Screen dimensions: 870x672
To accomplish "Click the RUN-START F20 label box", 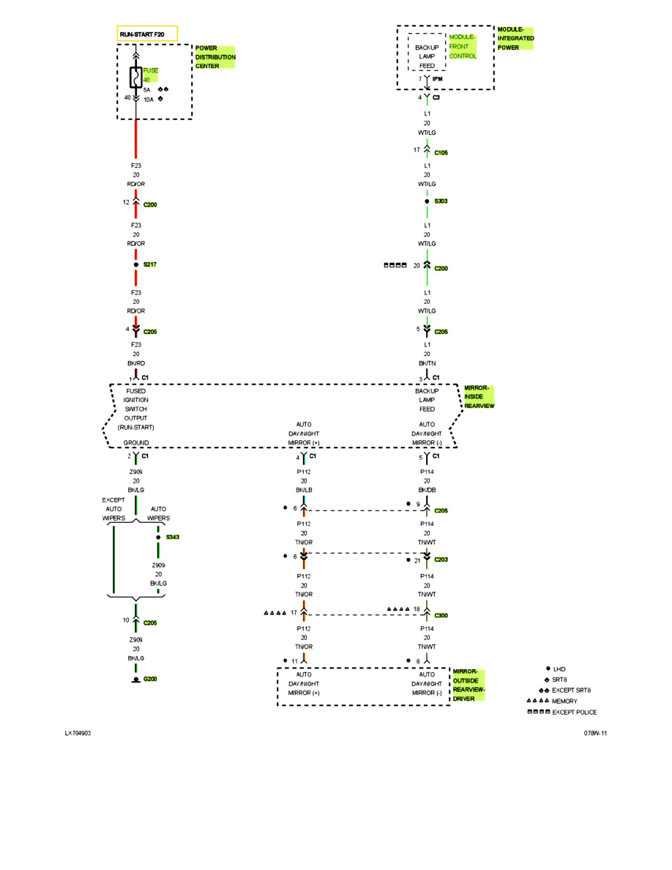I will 147,34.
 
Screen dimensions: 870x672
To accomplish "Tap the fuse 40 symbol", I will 135,78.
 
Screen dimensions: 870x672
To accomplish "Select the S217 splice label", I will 151,264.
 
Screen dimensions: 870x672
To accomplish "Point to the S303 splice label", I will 441,201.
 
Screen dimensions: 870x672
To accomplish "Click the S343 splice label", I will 172,537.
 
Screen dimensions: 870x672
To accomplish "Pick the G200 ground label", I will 150,679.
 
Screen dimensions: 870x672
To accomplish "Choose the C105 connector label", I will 441,153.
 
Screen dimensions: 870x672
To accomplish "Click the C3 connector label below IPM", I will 436,97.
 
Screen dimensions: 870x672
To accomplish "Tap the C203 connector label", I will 441,559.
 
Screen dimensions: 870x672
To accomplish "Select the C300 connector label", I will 441,615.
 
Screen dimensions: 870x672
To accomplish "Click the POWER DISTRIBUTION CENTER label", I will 215,56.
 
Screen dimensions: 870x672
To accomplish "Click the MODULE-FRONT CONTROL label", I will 463,46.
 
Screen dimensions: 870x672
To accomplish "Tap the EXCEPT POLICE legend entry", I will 575,713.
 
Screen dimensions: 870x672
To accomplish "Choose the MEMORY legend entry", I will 564,702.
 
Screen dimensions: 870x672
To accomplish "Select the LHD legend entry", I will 559,669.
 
